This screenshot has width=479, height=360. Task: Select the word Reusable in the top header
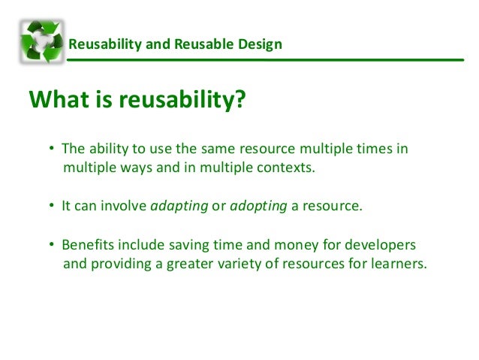pyautogui.click(x=203, y=44)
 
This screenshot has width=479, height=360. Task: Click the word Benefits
pyautogui.click(x=86, y=247)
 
